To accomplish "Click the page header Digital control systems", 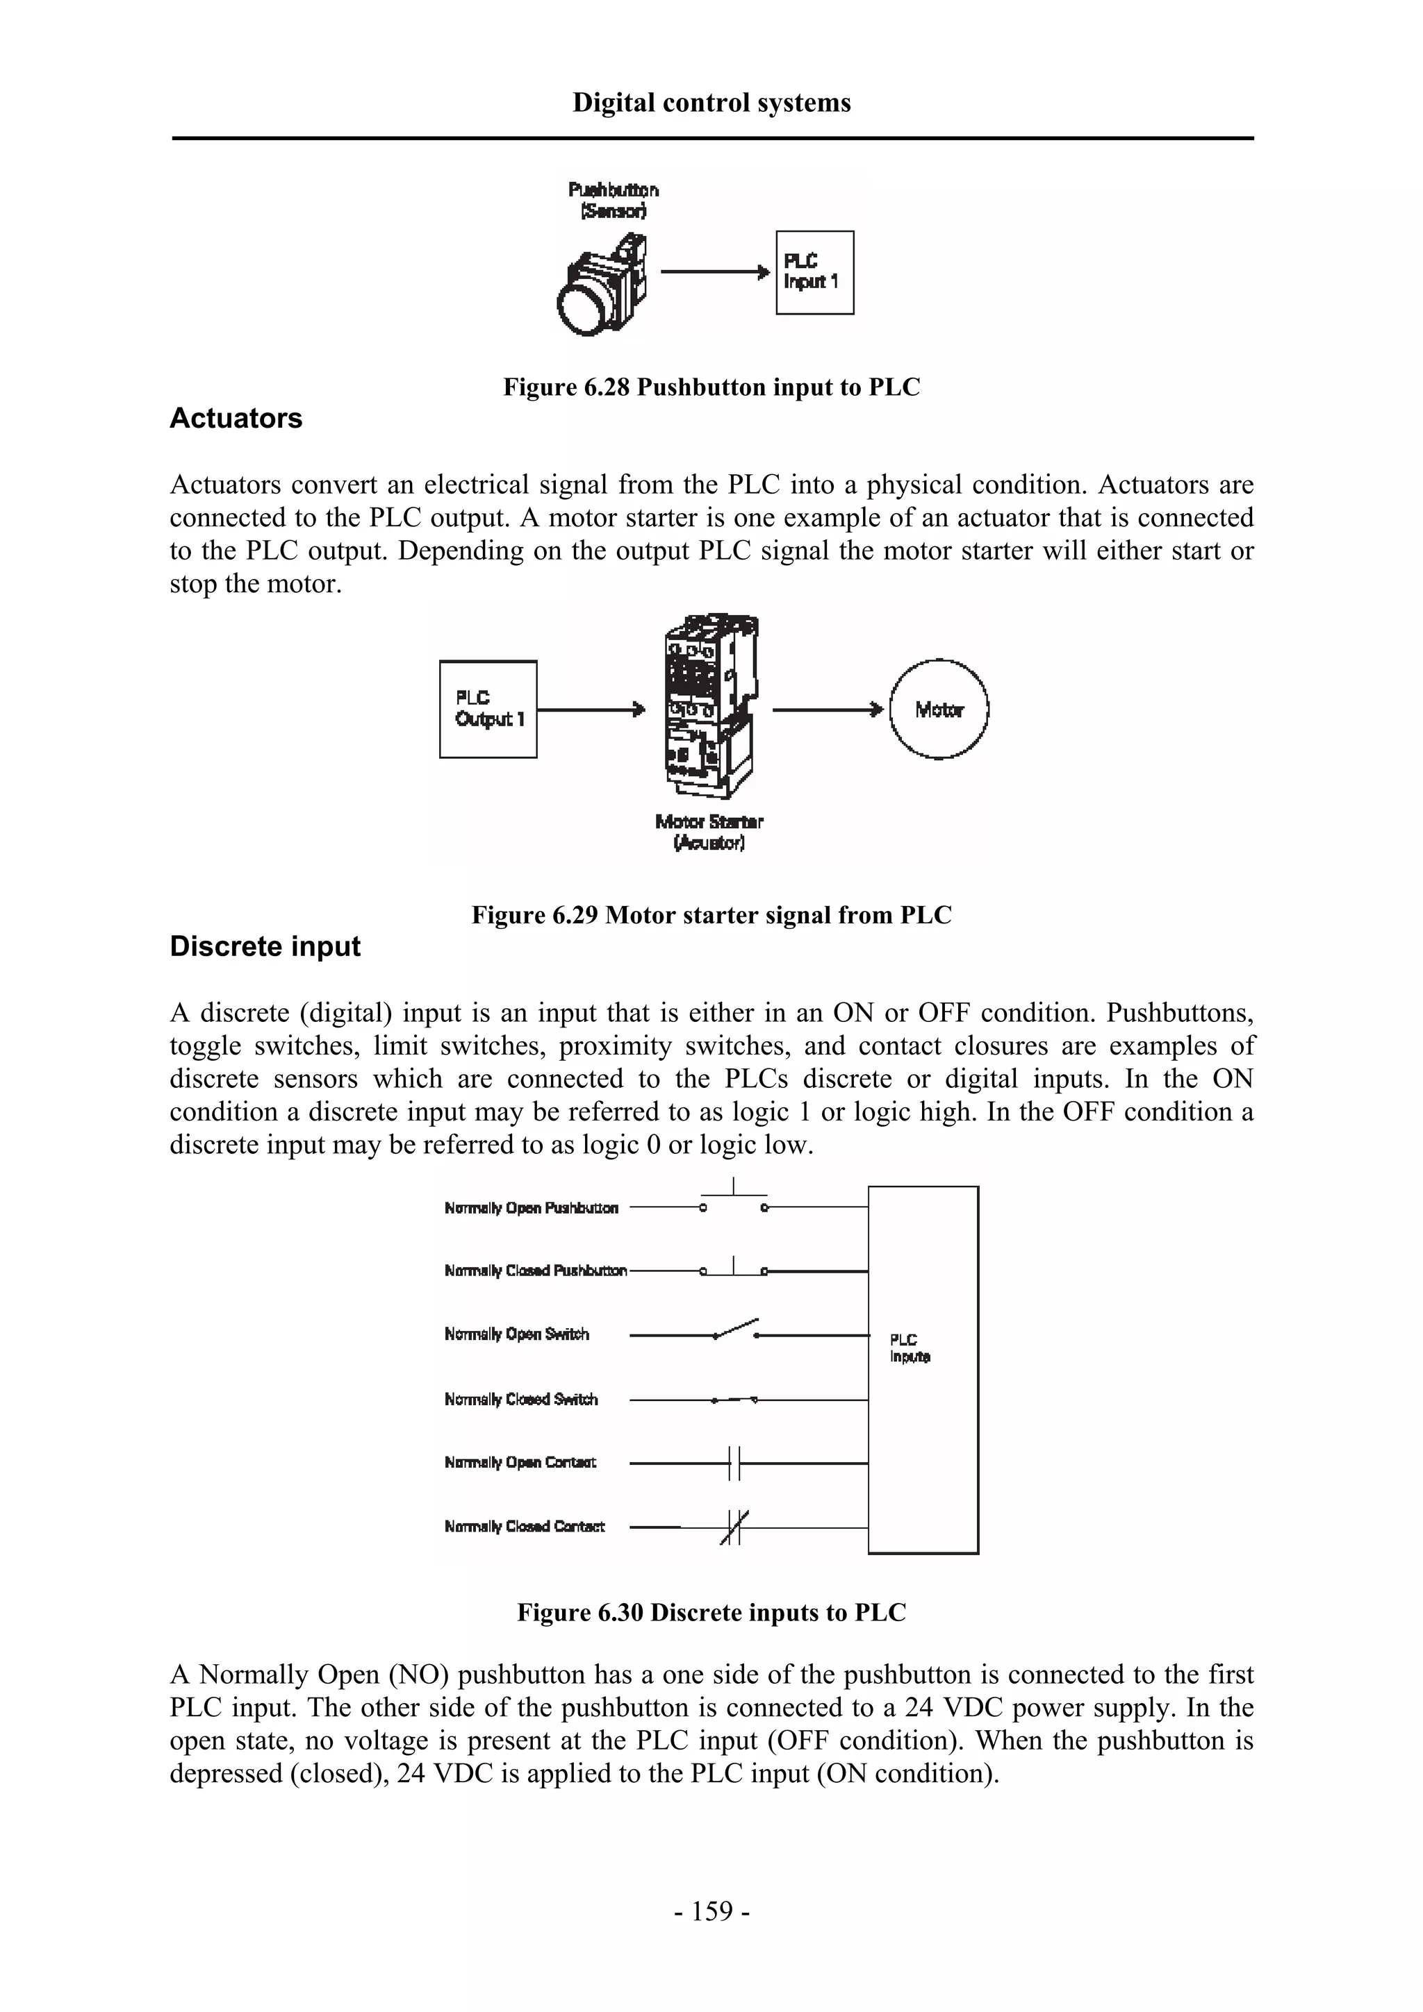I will [711, 103].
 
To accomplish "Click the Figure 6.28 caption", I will [711, 387].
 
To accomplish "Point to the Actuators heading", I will [236, 419].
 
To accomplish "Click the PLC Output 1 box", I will [488, 709].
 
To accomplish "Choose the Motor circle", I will [938, 709].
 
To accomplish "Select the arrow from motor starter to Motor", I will [826, 709].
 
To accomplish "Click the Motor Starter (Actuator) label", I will [709, 832].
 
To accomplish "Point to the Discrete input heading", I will [265, 946].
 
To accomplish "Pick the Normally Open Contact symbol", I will [734, 1463].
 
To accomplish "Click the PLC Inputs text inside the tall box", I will [910, 1348].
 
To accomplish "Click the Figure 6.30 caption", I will [711, 1612].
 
